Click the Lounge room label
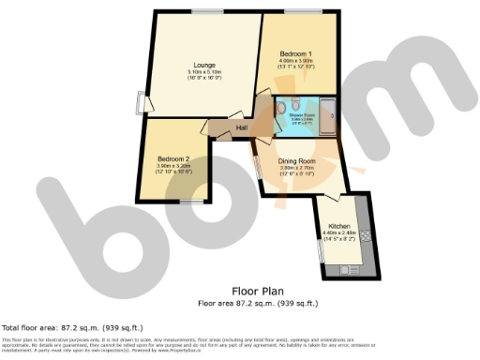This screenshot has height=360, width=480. (x=203, y=64)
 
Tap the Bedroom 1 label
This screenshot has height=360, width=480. (x=296, y=54)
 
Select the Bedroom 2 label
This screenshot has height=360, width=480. (x=173, y=158)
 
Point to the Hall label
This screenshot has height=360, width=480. (x=241, y=127)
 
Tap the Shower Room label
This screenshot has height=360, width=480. (x=302, y=115)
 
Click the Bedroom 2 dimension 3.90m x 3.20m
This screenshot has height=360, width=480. (x=173, y=167)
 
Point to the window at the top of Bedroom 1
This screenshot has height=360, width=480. (x=300, y=11)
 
